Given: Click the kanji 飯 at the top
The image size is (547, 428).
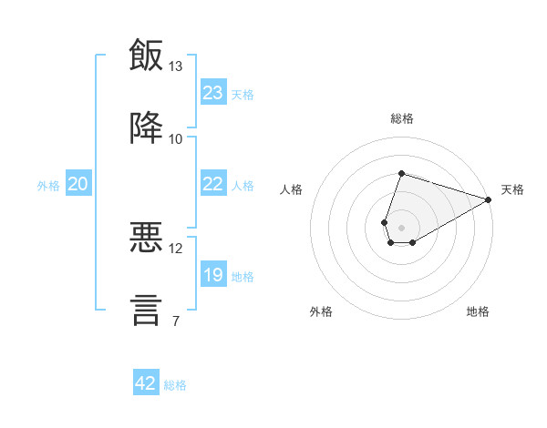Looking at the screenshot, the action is [x=146, y=55].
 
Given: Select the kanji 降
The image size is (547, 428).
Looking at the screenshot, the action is [x=146, y=127].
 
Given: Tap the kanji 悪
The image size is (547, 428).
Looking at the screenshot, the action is [x=146, y=237].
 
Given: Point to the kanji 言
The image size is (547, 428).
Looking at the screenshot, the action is [x=146, y=311].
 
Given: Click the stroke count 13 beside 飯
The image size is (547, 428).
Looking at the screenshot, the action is [x=175, y=66].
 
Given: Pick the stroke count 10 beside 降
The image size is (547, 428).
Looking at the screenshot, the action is [x=175, y=139].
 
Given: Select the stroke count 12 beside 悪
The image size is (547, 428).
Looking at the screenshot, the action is [x=175, y=249].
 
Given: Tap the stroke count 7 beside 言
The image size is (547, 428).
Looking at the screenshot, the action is [x=176, y=321].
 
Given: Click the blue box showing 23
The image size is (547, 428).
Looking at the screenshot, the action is [x=213, y=92].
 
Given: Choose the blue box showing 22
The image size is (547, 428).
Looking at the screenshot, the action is [x=213, y=183].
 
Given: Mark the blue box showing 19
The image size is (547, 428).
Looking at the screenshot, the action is [x=213, y=273].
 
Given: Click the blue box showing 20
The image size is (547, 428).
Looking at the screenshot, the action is [x=78, y=183].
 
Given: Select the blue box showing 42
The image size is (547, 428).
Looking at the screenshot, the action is [x=146, y=382].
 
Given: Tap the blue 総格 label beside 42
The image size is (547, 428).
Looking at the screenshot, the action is [x=175, y=385].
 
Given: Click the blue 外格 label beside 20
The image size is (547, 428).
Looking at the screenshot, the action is [x=48, y=186].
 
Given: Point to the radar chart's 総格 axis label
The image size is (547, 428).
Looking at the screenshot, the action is [x=402, y=118].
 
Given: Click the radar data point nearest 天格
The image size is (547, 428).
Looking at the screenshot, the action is [x=489, y=199].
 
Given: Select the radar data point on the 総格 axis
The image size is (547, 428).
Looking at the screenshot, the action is [x=401, y=173].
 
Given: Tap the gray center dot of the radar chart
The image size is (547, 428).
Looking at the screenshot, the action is [x=401, y=228].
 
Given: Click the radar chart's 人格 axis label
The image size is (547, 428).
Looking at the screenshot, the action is [x=291, y=189].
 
